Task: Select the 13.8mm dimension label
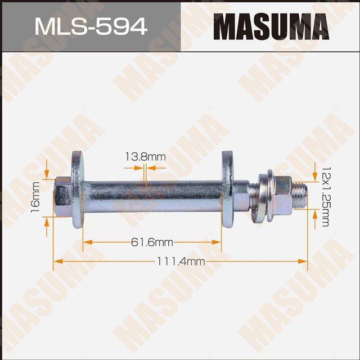pos(145,157)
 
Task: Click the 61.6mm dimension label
pos(152,242)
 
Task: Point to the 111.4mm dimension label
pos(182,262)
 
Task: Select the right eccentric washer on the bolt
pos(228,190)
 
